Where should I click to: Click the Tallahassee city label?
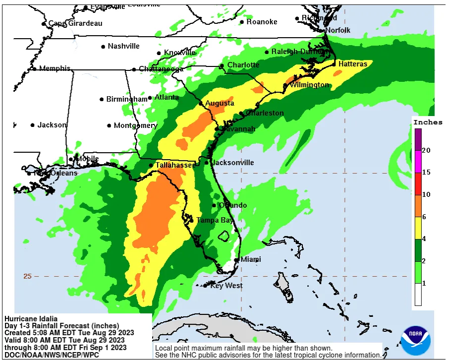(175, 165)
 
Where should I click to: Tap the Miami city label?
(251, 259)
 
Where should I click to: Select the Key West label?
(226, 286)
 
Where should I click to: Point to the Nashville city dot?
(103, 47)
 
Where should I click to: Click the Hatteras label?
(353, 64)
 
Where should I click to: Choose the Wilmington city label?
(309, 85)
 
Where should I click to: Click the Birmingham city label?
(127, 99)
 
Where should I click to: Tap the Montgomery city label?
(135, 125)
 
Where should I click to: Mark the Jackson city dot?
(33, 125)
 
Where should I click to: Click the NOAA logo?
(416, 340)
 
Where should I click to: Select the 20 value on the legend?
(426, 150)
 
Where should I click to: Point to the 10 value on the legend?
(426, 194)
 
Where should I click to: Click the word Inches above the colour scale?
(428, 122)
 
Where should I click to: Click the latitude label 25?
(27, 276)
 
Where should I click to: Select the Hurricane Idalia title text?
(31, 318)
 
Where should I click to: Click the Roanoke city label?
(262, 22)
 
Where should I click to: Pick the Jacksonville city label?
(232, 163)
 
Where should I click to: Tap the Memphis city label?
(55, 68)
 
